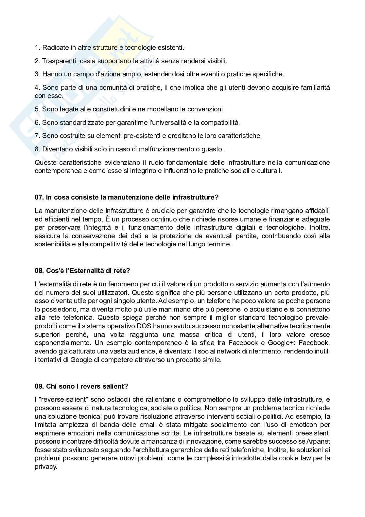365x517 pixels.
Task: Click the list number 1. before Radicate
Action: [37, 48]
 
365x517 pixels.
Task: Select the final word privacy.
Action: [46, 467]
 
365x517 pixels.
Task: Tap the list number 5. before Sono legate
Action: [37, 109]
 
